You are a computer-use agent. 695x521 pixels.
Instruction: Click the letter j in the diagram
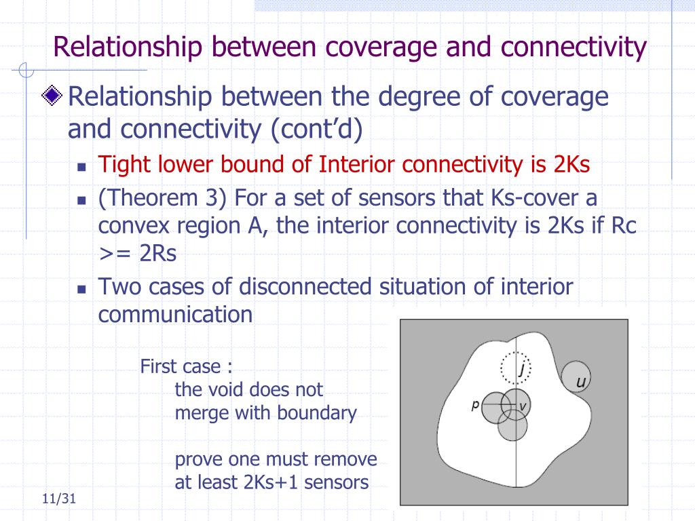522,369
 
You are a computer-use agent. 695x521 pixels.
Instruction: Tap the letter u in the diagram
581,382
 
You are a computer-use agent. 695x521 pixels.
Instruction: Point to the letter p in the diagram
476,405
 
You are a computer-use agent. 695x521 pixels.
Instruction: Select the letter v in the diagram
523,406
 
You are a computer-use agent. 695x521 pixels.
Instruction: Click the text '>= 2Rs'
137,253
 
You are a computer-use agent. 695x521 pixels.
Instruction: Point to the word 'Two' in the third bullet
119,286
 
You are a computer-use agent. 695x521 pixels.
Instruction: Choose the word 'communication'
175,314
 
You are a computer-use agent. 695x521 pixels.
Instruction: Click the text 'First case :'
186,367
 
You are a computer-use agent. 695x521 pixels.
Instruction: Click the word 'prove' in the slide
199,459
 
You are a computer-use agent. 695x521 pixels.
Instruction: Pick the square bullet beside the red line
81,166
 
